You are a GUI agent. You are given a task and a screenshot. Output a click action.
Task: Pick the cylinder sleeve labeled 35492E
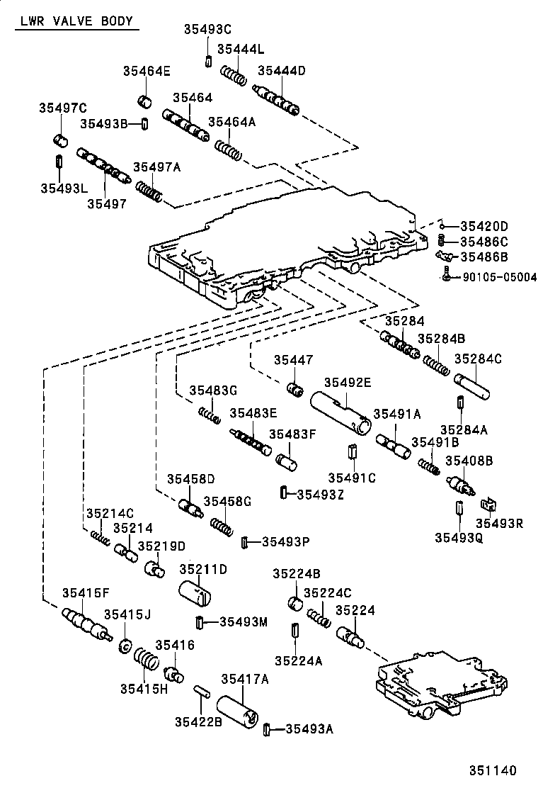pyautogui.click(x=341, y=413)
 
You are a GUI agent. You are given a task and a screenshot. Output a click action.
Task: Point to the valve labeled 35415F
pyautogui.click(x=84, y=623)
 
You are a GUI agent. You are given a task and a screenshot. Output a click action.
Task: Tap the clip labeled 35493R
pyautogui.click(x=488, y=506)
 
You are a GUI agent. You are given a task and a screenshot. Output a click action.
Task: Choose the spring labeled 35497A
pyautogui.click(x=150, y=191)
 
